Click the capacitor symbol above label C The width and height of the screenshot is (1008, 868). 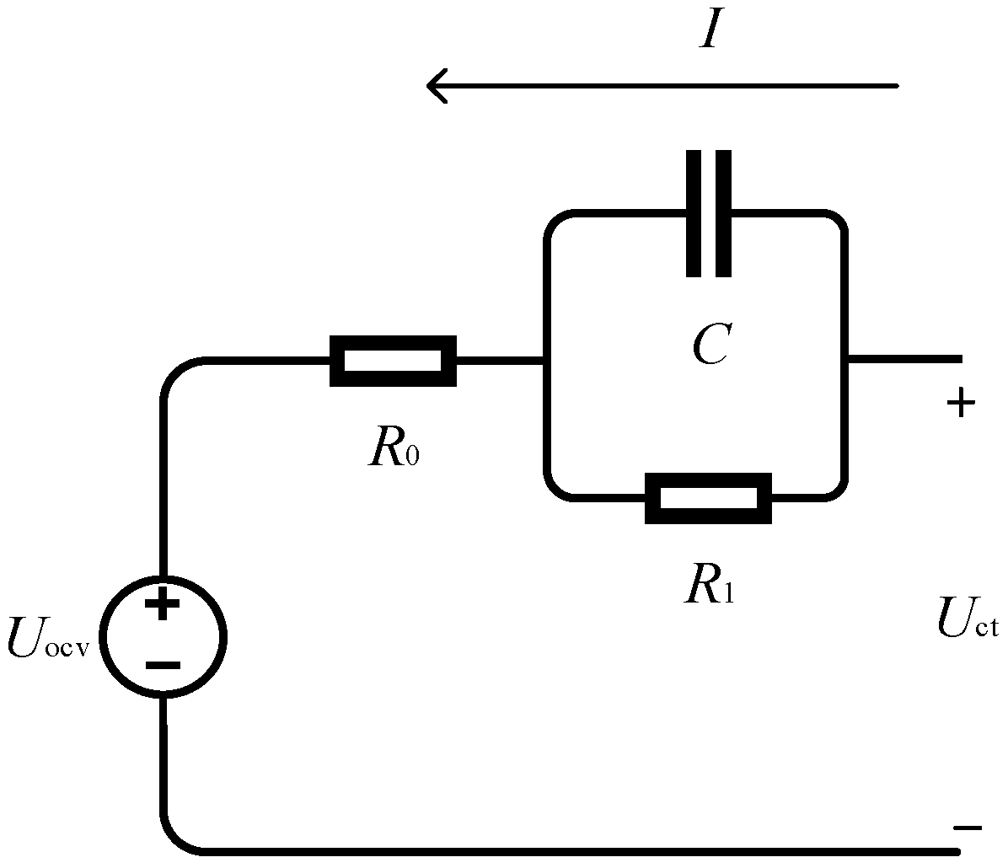pos(709,213)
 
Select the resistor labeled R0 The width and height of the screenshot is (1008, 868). pos(393,362)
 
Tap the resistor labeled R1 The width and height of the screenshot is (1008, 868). pos(708,498)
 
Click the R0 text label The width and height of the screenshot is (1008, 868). pos(393,448)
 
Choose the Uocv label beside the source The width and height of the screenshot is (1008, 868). pos(47,637)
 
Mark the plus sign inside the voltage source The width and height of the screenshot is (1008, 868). pos(163,604)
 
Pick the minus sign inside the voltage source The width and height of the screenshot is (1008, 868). pos(163,665)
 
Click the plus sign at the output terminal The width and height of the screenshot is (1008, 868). pos(961,405)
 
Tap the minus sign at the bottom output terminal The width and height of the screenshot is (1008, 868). pos(968,828)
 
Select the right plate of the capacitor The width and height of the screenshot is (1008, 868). pos(723,213)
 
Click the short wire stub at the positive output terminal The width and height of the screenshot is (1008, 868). pos(903,360)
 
